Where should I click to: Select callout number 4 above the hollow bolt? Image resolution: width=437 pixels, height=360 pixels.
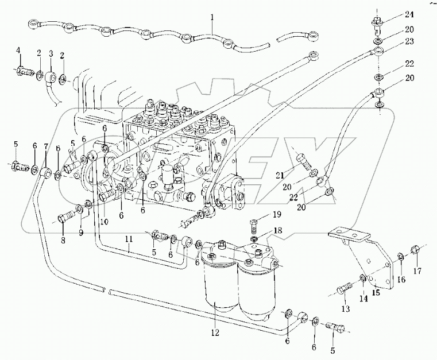pos(18,52)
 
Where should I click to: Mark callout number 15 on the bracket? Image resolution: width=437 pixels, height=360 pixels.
pos(377,292)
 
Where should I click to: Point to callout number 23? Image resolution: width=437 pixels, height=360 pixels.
pos(393,41)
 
